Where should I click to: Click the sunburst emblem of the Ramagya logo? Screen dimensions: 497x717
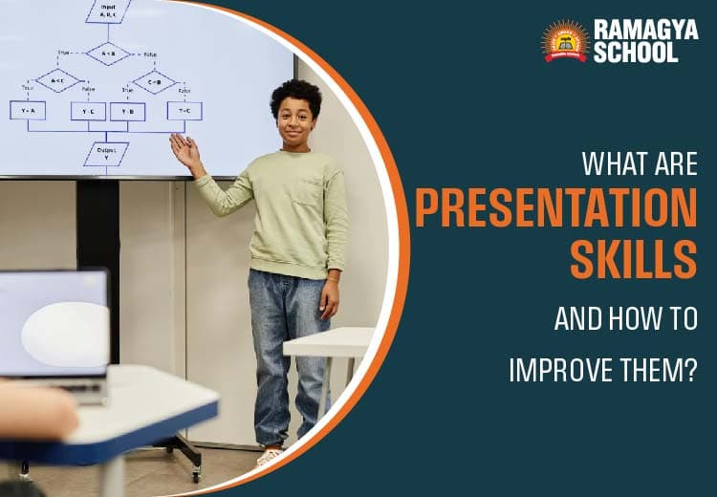(565, 41)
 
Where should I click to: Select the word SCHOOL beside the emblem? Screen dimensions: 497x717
(636, 54)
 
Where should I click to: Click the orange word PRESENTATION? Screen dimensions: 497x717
(555, 208)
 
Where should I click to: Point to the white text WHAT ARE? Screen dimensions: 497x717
(640, 163)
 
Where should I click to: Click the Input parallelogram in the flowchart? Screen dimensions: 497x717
(108, 11)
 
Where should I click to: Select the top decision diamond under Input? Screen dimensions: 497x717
(108, 53)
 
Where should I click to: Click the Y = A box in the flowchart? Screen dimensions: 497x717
(28, 111)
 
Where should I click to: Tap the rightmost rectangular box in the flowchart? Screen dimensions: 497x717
(184, 111)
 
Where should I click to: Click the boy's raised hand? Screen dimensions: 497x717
(183, 150)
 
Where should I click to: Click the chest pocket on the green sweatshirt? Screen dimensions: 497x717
(310, 192)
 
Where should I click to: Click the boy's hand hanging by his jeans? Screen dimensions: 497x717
(328, 300)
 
